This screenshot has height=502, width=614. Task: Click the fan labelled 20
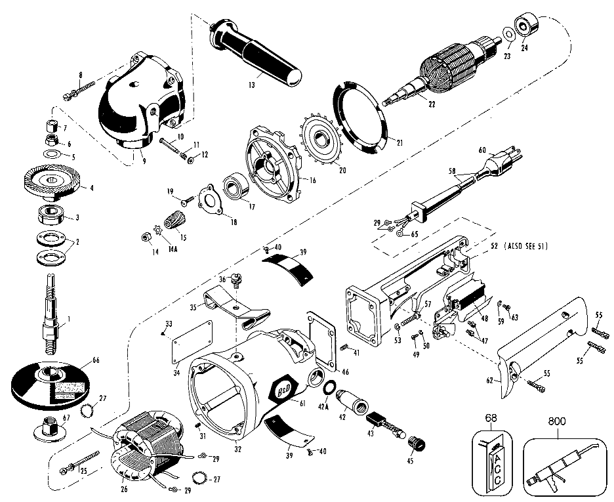click(321, 139)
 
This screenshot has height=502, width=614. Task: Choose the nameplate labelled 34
click(192, 342)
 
